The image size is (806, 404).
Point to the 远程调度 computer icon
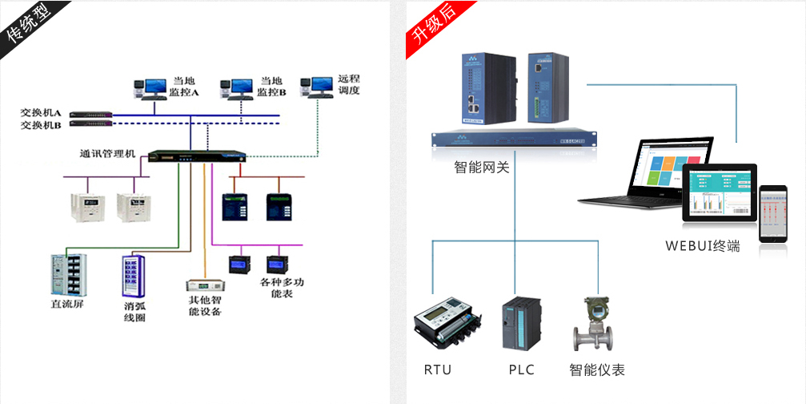click(x=316, y=86)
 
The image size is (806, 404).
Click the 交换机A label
click(x=41, y=113)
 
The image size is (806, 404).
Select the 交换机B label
click(x=41, y=125)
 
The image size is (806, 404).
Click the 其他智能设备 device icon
click(x=203, y=285)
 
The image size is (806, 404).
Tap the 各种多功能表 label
click(x=282, y=289)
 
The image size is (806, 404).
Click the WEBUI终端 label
click(x=703, y=246)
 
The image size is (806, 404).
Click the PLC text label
click(x=520, y=370)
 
